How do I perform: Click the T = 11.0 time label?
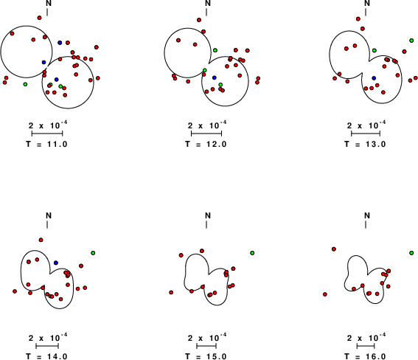[x=46, y=145]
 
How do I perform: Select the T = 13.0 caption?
[x=365, y=145]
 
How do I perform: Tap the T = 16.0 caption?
[x=365, y=356]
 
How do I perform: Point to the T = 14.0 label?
[x=46, y=356]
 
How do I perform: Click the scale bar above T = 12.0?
[x=206, y=134]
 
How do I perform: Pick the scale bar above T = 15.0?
[x=206, y=346]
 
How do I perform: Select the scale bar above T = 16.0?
[x=366, y=346]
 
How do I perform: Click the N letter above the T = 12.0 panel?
[x=208, y=3]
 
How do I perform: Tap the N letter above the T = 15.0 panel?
[x=208, y=215]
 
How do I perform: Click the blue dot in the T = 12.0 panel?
[x=215, y=77]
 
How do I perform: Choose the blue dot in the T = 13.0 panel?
[x=374, y=78]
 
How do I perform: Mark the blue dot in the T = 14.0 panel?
[x=56, y=263]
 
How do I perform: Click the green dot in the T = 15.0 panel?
[x=252, y=253]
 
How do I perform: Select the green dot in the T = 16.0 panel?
[x=411, y=253]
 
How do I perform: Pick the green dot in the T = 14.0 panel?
[x=93, y=253]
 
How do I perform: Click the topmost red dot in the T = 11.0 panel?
[x=40, y=18]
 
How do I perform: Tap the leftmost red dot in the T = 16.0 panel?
[x=324, y=294]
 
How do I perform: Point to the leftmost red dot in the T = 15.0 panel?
[x=171, y=293]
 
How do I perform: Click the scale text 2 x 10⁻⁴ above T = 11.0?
[x=48, y=125]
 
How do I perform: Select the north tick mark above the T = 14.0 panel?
[x=47, y=225]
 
